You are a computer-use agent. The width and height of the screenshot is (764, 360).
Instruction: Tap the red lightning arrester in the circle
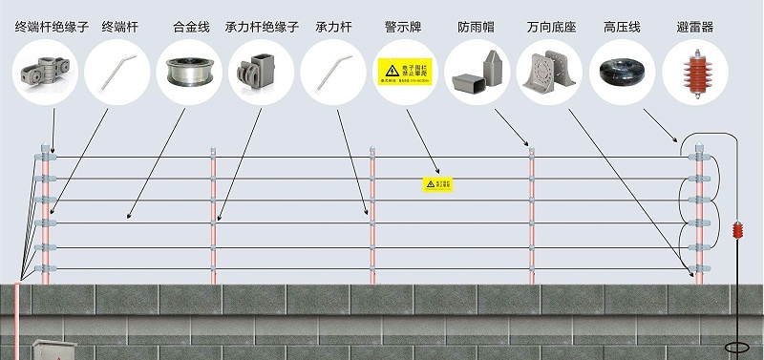pos(695,70)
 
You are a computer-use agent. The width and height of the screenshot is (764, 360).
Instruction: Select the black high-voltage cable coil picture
pos(623,70)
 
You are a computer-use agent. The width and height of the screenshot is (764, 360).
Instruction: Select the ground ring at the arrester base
pos(737,349)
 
